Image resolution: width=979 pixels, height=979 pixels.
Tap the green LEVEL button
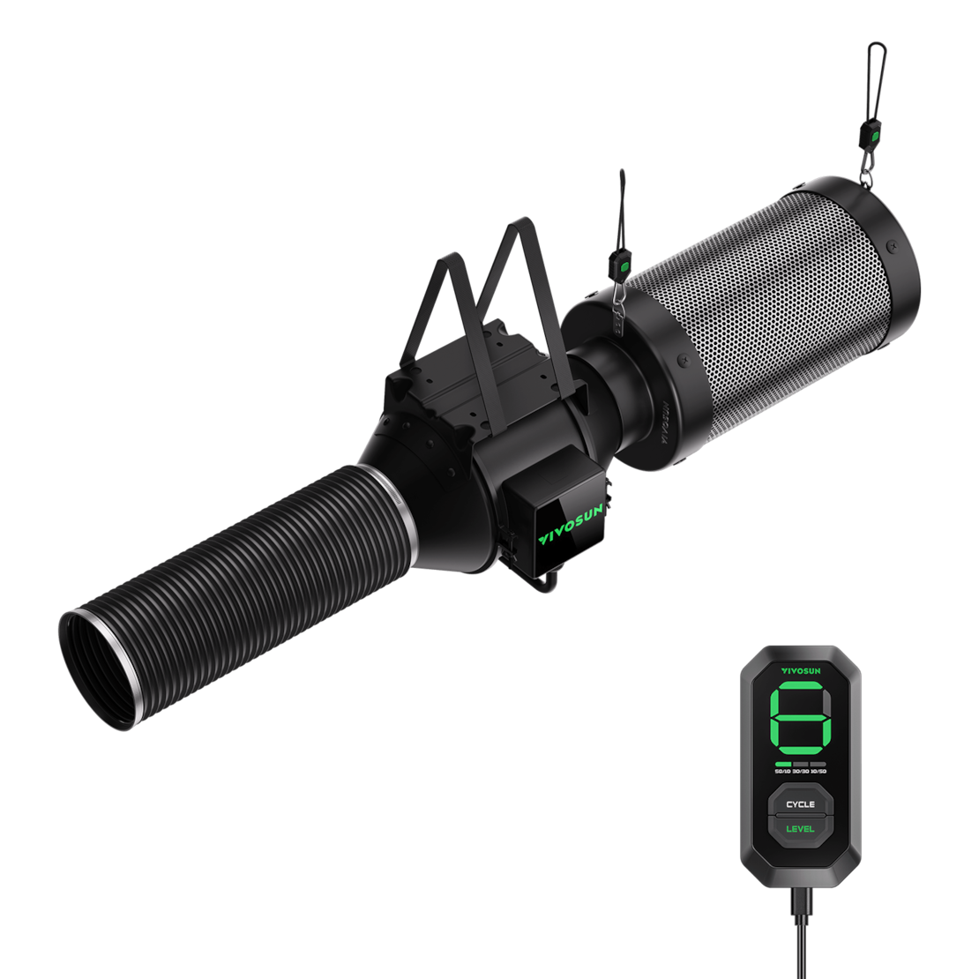[x=800, y=828]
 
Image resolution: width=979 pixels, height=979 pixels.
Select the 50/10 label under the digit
[x=782, y=771]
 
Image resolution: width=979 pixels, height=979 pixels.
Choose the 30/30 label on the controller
[x=800, y=771]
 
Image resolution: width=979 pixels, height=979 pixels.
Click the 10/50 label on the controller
[x=818, y=771]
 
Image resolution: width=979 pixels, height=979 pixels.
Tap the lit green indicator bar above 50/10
[x=782, y=763]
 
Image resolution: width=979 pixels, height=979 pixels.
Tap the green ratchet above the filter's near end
[x=624, y=262]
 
